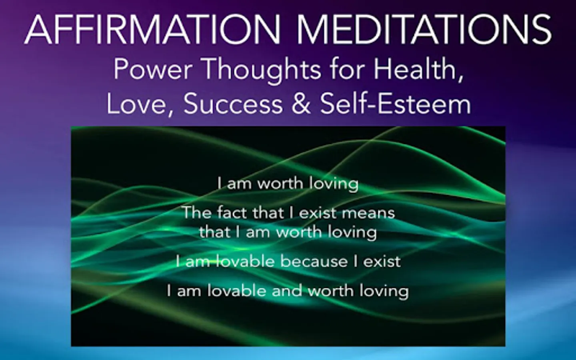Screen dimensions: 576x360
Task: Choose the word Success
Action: pyautogui.click(x=234, y=104)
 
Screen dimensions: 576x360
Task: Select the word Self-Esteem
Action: pyautogui.click(x=396, y=104)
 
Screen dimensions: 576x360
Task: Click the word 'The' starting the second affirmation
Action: pyautogui.click(x=197, y=212)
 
